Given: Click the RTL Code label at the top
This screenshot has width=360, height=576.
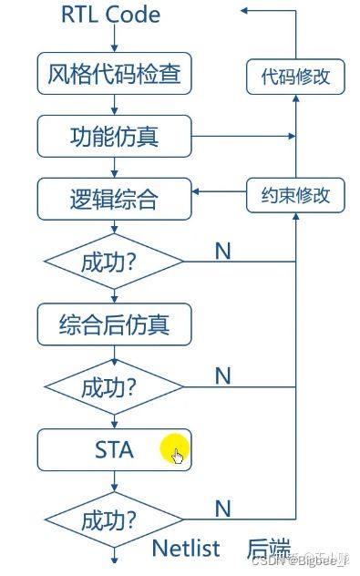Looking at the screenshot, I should [110, 15].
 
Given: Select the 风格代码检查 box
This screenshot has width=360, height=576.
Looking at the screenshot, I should [114, 74].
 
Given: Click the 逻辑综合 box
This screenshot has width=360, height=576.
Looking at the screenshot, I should [114, 196].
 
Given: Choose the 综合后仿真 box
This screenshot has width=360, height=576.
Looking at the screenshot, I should [114, 323].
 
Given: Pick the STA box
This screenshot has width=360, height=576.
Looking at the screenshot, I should [114, 449].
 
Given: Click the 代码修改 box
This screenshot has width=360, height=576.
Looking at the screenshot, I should [296, 77].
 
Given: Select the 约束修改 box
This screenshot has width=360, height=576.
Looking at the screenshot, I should [296, 194].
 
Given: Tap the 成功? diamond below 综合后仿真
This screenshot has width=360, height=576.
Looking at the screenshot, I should [114, 387].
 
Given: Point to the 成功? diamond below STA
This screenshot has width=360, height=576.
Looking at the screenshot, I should [114, 521].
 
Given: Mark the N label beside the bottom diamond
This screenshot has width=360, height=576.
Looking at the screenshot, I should [221, 507].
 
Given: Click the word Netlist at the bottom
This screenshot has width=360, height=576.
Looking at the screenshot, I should [186, 549].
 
